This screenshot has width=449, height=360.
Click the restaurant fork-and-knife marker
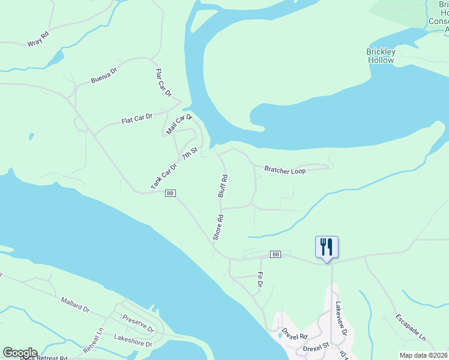327,247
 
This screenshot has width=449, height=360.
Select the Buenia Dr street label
103,78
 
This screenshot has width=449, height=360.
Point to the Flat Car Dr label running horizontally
137,118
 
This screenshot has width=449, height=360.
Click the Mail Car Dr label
178,125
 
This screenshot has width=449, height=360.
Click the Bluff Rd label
223,186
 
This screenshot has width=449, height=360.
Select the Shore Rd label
218,228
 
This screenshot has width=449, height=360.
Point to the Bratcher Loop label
285,171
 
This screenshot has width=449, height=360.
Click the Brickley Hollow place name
381,56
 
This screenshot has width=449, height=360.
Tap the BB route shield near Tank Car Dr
170,193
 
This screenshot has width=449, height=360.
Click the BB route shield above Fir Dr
276,254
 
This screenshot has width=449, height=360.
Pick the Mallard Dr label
75,305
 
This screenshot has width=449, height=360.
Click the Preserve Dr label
138,323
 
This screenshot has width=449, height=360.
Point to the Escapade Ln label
411,326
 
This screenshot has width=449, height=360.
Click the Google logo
20,353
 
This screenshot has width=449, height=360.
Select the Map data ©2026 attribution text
423,355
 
